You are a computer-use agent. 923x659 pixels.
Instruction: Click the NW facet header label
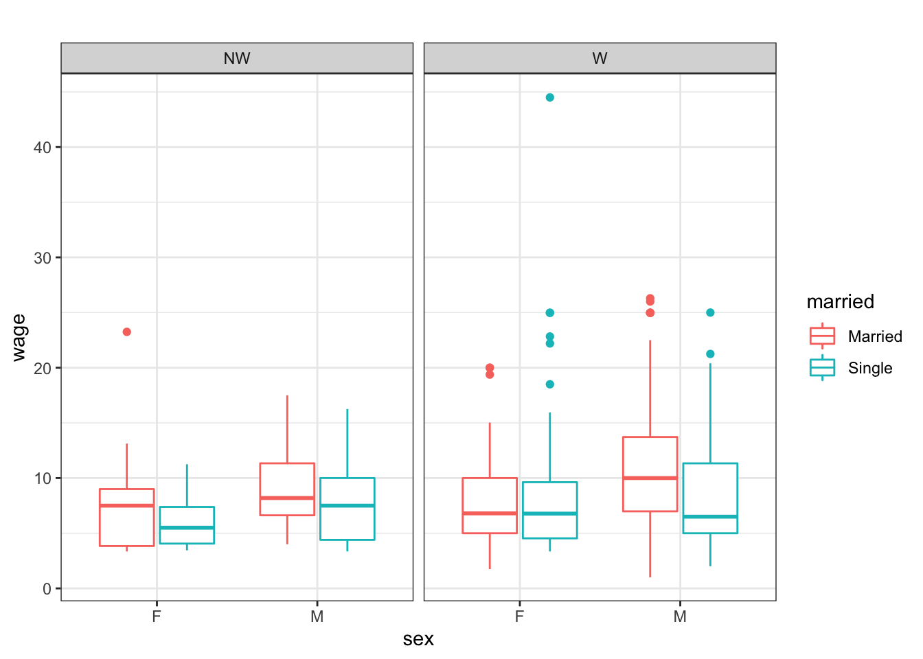[x=237, y=58]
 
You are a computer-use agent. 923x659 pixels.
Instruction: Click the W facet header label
[x=600, y=58]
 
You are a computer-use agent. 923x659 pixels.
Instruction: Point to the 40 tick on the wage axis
[x=43, y=148]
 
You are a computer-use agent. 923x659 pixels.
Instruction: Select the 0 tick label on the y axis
[x=47, y=589]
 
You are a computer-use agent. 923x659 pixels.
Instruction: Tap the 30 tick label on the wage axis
[x=43, y=258]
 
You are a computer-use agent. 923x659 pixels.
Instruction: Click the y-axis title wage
[x=19, y=337]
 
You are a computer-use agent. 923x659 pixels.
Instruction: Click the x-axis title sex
[x=418, y=639]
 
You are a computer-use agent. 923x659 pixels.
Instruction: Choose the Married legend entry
[x=874, y=336]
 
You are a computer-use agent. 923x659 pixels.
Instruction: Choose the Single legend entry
[x=869, y=368]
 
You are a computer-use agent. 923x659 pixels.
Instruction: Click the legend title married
[x=840, y=301]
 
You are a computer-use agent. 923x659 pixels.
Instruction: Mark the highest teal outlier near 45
[x=549, y=97]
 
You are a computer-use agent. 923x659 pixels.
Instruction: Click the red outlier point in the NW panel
[x=126, y=332]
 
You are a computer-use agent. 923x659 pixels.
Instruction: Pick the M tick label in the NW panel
[x=317, y=616]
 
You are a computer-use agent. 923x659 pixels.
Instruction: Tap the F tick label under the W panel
[x=519, y=616]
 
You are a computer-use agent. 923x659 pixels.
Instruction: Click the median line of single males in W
[x=710, y=516]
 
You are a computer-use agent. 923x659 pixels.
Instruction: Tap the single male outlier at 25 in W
[x=710, y=312]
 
